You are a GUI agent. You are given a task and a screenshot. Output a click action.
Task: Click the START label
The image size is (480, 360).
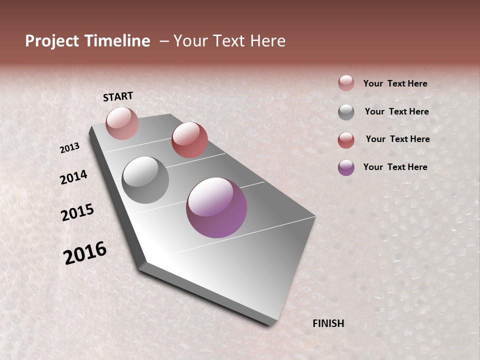click(x=118, y=96)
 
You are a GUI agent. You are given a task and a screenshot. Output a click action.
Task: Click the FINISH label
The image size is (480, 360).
click(x=328, y=323)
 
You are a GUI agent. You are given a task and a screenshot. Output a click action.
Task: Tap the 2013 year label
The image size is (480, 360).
click(x=70, y=148)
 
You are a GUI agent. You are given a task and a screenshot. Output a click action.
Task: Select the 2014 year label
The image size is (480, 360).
click(x=74, y=177)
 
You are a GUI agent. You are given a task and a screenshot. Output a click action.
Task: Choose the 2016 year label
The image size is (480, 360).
click(x=85, y=253)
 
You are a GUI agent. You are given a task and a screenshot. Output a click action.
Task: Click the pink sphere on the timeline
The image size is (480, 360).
click(x=122, y=123)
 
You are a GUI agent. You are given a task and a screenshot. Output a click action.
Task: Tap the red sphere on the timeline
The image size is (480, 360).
click(x=189, y=140)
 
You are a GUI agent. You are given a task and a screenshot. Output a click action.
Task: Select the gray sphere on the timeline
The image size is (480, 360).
click(x=145, y=180)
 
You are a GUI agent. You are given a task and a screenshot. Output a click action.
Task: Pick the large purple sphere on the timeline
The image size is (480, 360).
click(x=216, y=207)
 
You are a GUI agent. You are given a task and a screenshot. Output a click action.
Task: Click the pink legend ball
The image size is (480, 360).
click(x=346, y=83)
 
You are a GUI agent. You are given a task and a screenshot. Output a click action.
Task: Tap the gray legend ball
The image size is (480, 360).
click(x=346, y=112)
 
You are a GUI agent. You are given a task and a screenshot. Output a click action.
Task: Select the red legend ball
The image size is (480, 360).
click(x=346, y=140)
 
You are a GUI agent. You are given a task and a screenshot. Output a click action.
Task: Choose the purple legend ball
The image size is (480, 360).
click(x=346, y=167)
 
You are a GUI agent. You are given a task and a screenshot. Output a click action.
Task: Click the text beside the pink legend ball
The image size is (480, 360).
click(x=395, y=84)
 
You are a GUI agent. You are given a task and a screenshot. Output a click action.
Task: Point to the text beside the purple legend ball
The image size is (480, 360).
click(x=395, y=167)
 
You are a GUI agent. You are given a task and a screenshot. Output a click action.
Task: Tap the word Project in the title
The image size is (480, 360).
click(x=52, y=41)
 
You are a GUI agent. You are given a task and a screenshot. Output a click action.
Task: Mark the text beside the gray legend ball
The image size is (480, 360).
click(x=396, y=111)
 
